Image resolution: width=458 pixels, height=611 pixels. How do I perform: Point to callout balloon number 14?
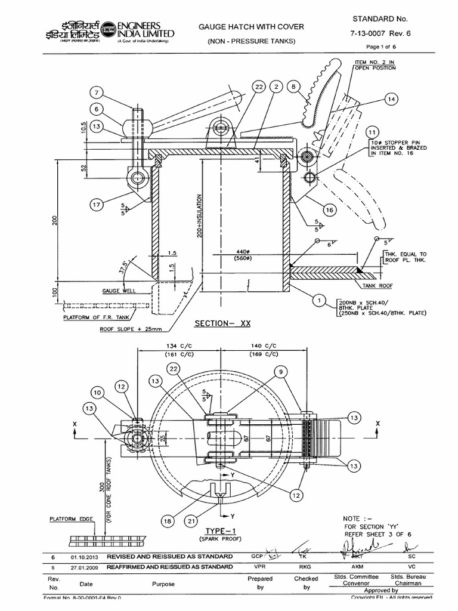391,100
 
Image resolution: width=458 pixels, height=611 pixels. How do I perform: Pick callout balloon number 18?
168,521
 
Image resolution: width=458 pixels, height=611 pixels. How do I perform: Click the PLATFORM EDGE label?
69,519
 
